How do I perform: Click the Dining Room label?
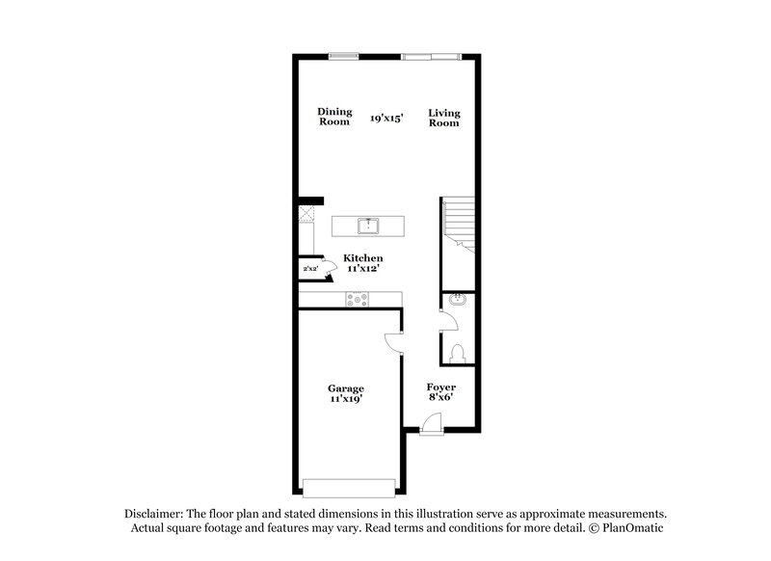click(x=334, y=117)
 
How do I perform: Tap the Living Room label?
click(x=444, y=118)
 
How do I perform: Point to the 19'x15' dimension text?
click(x=386, y=118)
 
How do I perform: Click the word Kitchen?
click(x=363, y=258)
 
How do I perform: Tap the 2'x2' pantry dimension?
click(x=310, y=269)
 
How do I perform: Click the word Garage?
click(x=346, y=388)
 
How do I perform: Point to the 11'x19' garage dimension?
click(x=346, y=399)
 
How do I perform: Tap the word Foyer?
click(x=441, y=387)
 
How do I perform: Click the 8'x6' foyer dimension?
click(x=441, y=397)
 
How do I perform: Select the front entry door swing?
click(x=432, y=421)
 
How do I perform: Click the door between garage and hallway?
click(x=393, y=342)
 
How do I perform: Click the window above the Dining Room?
click(x=343, y=55)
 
